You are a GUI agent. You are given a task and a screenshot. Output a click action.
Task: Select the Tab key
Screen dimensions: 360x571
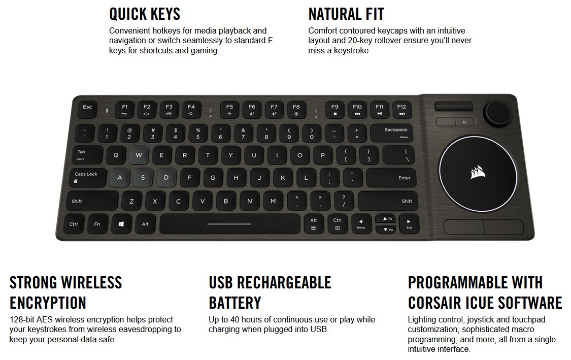tap(84, 155)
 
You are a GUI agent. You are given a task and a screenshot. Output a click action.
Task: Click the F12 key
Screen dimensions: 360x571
tap(401, 110)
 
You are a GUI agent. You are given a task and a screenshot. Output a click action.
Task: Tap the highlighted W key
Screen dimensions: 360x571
tap(139, 155)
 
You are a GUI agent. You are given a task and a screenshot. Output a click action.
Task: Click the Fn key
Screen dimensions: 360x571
tap(97, 224)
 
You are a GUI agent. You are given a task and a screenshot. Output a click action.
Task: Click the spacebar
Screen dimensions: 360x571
tap(229, 224)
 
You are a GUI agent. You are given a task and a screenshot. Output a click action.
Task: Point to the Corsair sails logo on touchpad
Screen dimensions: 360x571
tap(479, 172)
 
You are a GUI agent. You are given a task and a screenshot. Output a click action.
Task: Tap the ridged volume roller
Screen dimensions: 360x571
tap(455, 108)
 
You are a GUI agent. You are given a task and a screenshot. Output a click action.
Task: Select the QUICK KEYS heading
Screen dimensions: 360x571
tap(145, 14)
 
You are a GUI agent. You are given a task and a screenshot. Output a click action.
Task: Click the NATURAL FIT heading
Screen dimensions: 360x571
tap(346, 14)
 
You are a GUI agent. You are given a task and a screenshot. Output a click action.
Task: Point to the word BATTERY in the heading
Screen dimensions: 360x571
tap(234, 303)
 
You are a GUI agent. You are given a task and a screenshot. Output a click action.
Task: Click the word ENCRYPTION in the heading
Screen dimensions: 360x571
tap(48, 303)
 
